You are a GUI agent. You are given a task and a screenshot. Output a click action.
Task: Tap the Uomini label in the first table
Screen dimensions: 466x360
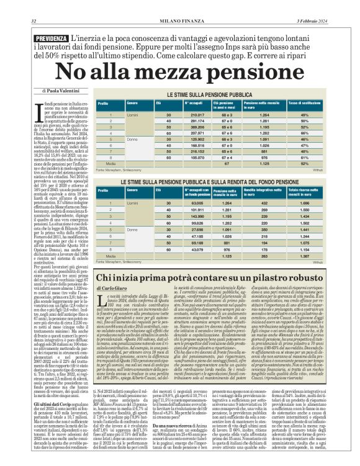point(132,115)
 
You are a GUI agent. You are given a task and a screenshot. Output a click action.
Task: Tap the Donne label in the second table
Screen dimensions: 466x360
point(132,230)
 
